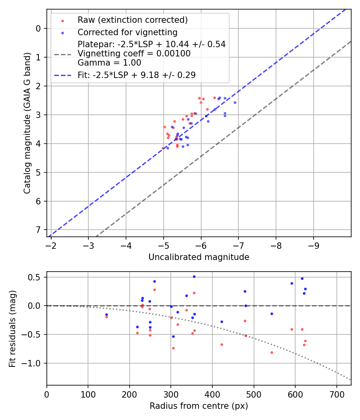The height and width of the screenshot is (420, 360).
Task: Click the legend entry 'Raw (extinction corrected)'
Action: coord(132,20)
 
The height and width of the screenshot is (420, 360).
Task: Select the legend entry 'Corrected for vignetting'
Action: coord(128,32)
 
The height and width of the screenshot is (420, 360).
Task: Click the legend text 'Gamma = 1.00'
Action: coord(109,63)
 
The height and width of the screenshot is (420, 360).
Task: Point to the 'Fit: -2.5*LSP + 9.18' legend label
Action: coord(136,75)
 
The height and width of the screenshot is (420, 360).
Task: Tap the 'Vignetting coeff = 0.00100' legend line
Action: coord(134,54)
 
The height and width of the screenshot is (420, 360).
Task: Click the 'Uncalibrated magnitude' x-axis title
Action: coord(199,257)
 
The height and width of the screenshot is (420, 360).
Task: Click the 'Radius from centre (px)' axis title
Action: coord(199,406)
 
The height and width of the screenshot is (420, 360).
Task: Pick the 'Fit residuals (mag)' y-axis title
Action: coord(12,328)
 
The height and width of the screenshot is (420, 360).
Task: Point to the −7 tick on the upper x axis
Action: coord(238,244)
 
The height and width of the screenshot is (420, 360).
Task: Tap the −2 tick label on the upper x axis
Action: coord(51,244)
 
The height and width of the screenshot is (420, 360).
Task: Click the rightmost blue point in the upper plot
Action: coord(235,102)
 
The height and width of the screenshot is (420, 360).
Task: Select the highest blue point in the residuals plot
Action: coord(194,276)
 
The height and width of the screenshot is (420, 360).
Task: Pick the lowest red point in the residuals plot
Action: coord(272,352)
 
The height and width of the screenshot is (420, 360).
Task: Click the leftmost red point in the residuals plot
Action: coord(106,317)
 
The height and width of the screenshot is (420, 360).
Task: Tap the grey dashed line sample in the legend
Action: coord(62,54)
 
